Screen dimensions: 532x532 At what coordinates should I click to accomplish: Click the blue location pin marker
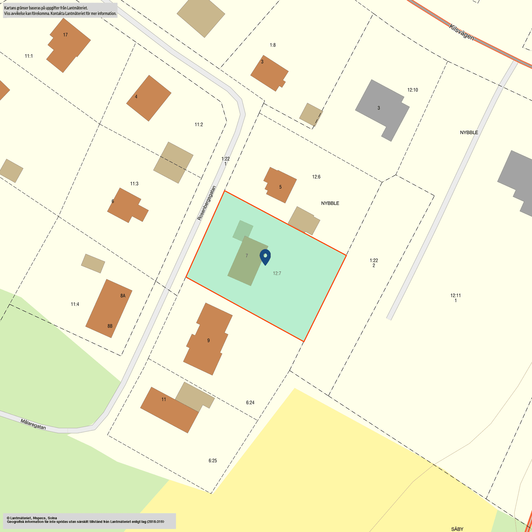[x=265, y=256]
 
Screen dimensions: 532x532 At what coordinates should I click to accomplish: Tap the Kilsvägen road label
[x=462, y=33]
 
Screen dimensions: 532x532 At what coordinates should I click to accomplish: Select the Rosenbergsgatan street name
[x=207, y=203]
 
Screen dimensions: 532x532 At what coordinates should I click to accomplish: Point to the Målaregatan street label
[x=33, y=424]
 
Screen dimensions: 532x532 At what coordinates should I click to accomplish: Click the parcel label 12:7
[x=277, y=273]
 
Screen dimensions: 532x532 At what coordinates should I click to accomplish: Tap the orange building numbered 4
[x=149, y=98]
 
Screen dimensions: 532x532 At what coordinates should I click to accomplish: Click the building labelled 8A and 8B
[x=109, y=309]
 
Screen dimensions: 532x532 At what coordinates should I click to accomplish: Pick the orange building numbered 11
[x=169, y=409]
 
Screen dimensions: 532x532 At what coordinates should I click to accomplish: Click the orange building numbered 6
[x=126, y=205]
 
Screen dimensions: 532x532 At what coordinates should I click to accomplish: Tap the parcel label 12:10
[x=412, y=90]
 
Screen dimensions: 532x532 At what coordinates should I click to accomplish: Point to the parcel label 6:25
[x=212, y=461]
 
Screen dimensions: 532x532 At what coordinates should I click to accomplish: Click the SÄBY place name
[x=457, y=529]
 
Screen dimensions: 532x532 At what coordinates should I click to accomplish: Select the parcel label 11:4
[x=75, y=304]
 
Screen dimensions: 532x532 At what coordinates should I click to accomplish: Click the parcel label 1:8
[x=272, y=45]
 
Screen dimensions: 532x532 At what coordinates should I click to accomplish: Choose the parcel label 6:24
[x=250, y=402]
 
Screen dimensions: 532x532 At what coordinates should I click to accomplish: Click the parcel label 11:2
[x=199, y=124]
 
